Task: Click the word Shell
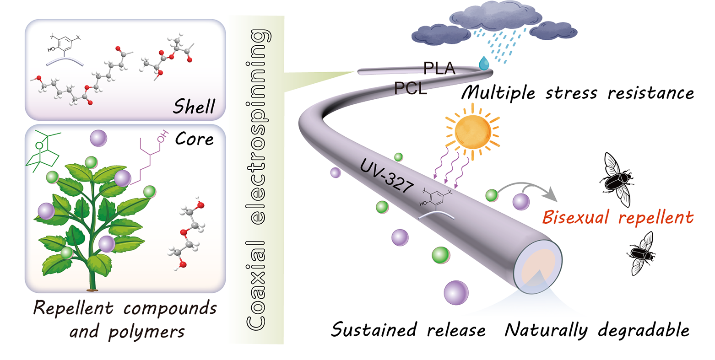[193, 107]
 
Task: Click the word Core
[194, 139]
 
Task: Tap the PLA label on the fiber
[439, 68]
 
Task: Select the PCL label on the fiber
[411, 88]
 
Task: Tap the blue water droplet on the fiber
[483, 64]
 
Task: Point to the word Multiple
[498, 93]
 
